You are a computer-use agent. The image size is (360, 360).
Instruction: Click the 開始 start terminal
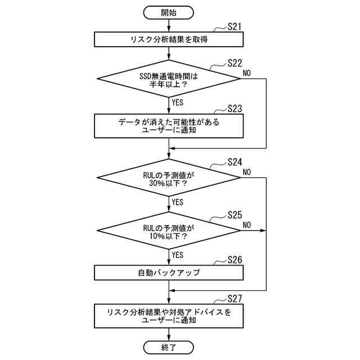coord(169,11)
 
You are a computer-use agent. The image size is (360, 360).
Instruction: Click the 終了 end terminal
coord(169,347)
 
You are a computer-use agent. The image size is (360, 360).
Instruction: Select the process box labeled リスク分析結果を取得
coord(169,39)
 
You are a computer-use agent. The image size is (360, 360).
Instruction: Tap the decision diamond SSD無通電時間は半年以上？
coord(169,79)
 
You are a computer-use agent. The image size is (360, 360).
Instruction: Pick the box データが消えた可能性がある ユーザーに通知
coord(169,126)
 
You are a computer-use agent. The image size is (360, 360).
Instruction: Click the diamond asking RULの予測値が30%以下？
coord(169,179)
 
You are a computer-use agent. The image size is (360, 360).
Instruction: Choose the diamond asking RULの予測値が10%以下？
coord(169,230)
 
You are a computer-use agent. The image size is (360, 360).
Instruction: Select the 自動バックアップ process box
coord(169,273)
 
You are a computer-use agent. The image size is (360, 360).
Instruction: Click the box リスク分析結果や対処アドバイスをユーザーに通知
coord(169,316)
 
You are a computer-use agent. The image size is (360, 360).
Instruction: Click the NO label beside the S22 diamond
coord(247,73)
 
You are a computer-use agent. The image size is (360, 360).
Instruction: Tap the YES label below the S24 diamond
coord(178,202)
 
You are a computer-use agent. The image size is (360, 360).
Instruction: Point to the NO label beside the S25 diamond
coord(247,225)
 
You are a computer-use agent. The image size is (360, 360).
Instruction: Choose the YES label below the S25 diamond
coord(178,255)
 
